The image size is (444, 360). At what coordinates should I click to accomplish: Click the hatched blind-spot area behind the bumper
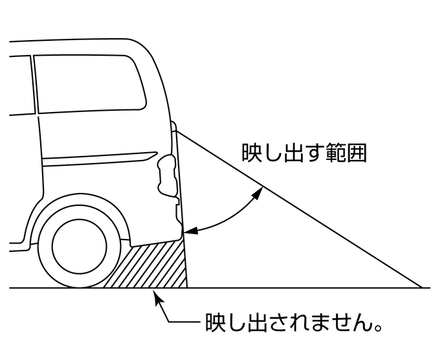155,265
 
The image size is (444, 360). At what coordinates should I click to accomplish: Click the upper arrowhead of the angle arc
260,190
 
